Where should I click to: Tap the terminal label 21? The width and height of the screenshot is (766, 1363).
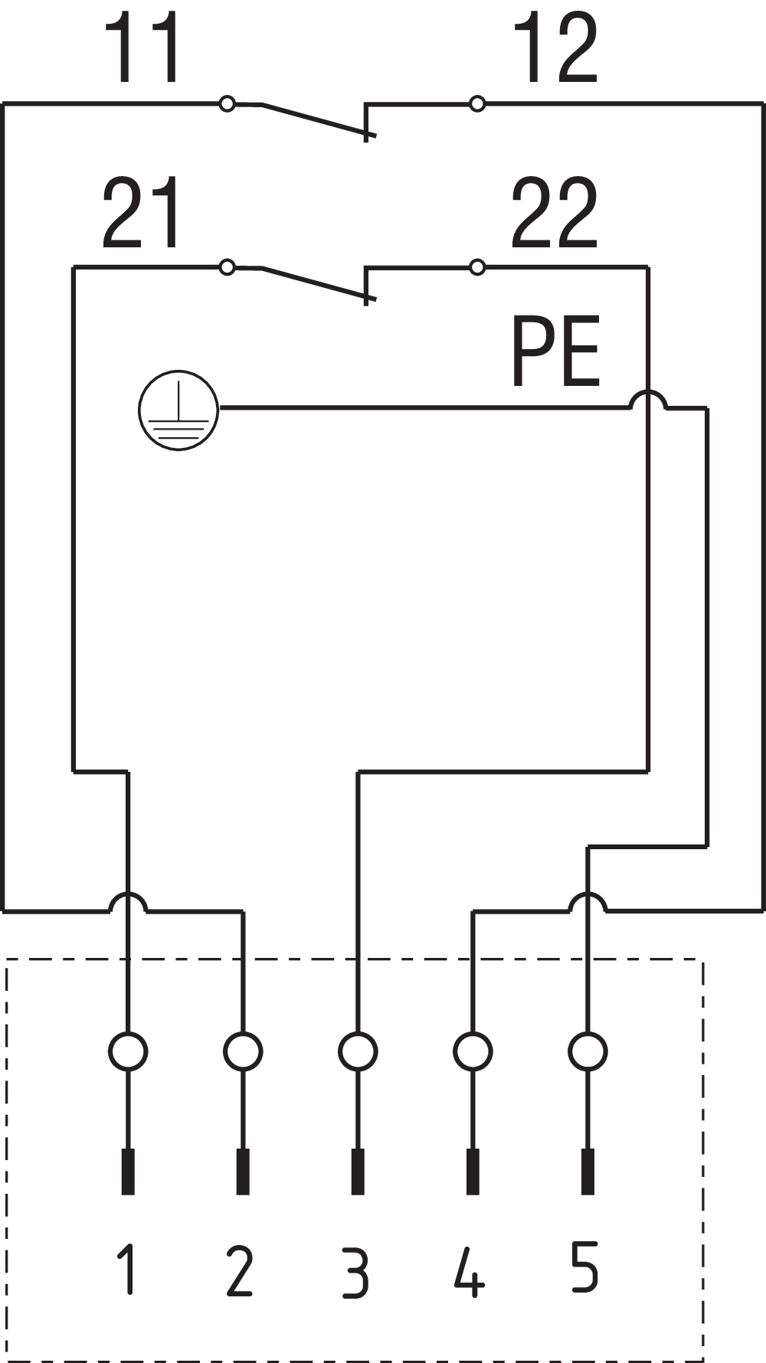pyautogui.click(x=143, y=214)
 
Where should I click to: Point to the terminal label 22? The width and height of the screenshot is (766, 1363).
pyautogui.click(x=555, y=214)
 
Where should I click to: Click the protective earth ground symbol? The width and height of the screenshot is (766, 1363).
pyautogui.click(x=178, y=410)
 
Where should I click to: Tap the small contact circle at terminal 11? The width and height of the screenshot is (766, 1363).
pyautogui.click(x=228, y=103)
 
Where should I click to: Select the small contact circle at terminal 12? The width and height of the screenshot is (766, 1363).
pyautogui.click(x=477, y=103)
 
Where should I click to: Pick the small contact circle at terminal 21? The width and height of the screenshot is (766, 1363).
pyautogui.click(x=228, y=267)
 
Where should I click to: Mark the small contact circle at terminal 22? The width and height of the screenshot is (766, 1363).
pyautogui.click(x=477, y=267)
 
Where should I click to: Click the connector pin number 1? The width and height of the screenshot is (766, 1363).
pyautogui.click(x=128, y=1269)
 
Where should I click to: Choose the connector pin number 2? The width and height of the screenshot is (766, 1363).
pyautogui.click(x=241, y=1270)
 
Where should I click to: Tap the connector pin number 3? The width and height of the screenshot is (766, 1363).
pyautogui.click(x=355, y=1272)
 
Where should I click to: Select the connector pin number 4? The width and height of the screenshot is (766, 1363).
pyautogui.click(x=470, y=1272)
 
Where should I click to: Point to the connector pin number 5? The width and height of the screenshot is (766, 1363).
pyautogui.click(x=584, y=1267)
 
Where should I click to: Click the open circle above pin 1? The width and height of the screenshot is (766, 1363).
pyautogui.click(x=128, y=1051)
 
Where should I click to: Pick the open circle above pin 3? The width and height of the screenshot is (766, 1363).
pyautogui.click(x=358, y=1051)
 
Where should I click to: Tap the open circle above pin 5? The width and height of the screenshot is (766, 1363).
pyautogui.click(x=588, y=1051)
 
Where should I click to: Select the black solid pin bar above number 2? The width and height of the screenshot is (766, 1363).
pyautogui.click(x=243, y=1172)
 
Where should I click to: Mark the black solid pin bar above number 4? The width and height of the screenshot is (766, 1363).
pyautogui.click(x=473, y=1172)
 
